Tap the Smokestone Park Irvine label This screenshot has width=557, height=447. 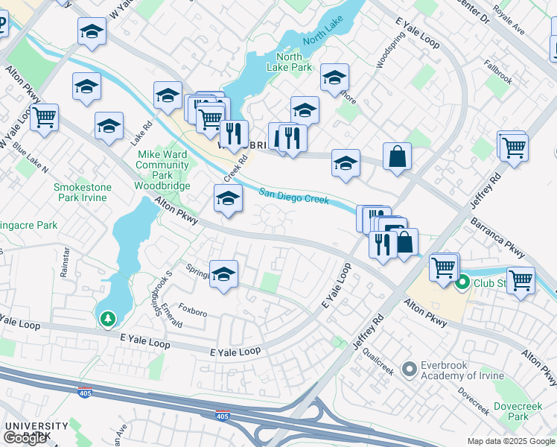(82, 193)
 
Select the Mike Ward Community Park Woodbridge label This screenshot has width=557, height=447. (162, 171)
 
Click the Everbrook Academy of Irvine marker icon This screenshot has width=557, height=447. (409, 369)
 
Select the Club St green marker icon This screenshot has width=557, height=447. (462, 282)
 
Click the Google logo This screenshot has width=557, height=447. (25, 438)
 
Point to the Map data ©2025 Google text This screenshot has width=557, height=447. (511, 441)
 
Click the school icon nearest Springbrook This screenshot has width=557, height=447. (223, 273)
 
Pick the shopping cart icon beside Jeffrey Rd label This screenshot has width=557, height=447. (513, 148)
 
